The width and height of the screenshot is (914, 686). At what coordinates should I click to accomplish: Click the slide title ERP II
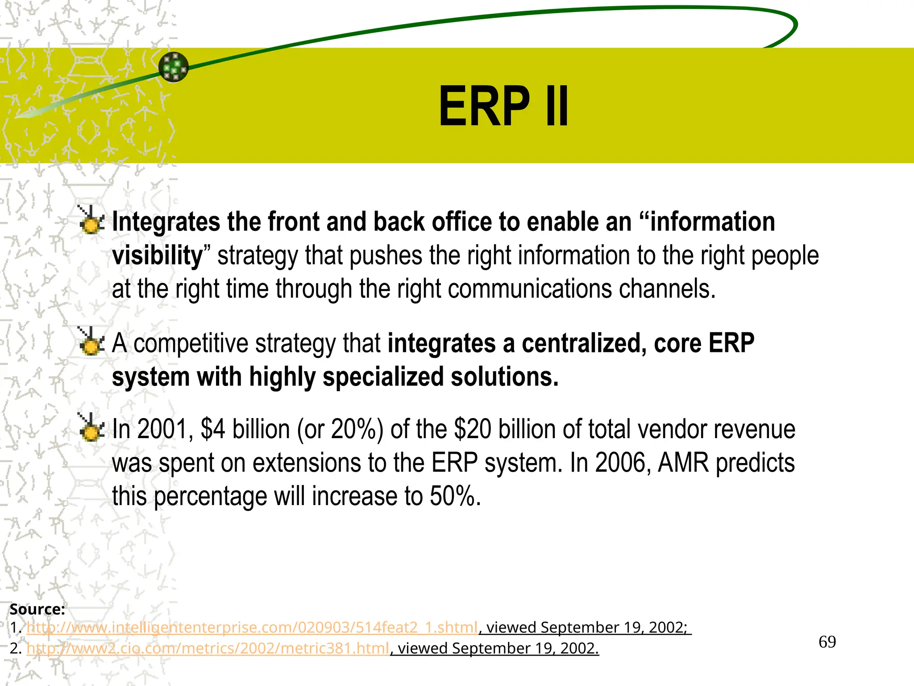click(503, 107)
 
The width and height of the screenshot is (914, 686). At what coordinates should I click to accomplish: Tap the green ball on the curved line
click(174, 67)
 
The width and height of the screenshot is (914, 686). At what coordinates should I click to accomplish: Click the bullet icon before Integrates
click(91, 220)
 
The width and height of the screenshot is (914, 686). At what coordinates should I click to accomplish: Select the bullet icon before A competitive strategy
click(91, 342)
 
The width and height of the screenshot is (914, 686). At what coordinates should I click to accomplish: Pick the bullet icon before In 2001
click(91, 428)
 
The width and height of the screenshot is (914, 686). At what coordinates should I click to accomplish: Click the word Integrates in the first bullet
click(166, 222)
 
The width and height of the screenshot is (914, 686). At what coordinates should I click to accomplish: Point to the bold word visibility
click(157, 255)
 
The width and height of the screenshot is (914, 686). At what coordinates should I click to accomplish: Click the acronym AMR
click(683, 463)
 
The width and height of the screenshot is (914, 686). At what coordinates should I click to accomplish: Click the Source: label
click(37, 609)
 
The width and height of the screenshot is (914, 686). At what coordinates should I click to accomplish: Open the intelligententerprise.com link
click(252, 627)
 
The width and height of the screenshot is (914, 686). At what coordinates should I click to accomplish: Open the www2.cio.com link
click(208, 648)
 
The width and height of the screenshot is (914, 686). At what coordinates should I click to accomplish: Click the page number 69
click(827, 642)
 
